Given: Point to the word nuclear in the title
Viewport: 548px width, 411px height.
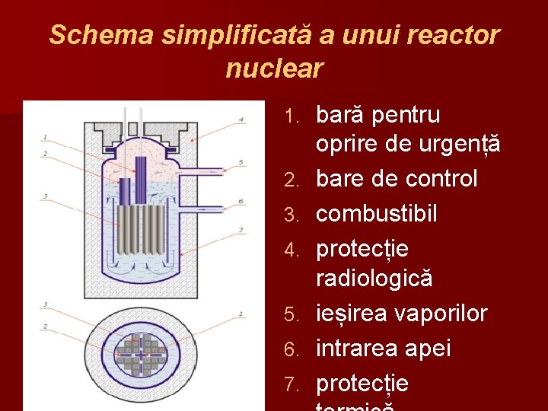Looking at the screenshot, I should (274, 69).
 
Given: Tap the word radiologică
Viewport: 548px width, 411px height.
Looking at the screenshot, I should (374, 279).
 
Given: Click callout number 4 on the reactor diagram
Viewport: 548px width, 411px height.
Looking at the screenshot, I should (241, 119).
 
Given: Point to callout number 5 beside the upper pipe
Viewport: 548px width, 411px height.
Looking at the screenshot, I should (241, 162).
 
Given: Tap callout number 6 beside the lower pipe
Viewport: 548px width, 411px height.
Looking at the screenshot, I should (241, 201).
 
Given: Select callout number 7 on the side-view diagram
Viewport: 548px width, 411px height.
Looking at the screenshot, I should (241, 229).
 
